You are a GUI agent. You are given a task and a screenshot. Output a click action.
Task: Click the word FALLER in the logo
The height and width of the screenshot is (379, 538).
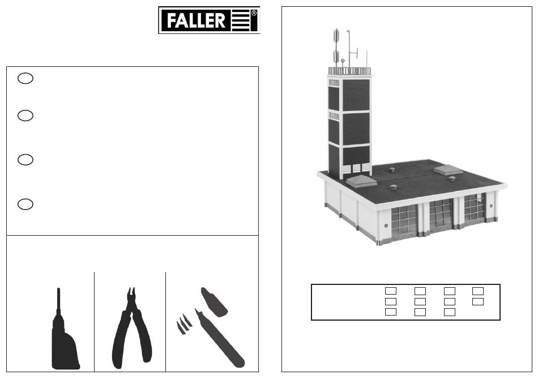point(196,20)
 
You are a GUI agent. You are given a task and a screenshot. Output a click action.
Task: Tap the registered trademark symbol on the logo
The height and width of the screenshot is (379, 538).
point(254,13)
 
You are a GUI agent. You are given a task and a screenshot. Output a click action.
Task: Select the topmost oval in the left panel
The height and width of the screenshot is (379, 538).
point(25,78)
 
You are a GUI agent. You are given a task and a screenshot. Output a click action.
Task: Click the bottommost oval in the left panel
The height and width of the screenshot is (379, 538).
point(25,204)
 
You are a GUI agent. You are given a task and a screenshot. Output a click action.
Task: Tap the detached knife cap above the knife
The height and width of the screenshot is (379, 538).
point(214,302)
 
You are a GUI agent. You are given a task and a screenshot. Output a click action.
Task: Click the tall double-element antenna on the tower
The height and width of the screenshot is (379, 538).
point(336,48)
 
